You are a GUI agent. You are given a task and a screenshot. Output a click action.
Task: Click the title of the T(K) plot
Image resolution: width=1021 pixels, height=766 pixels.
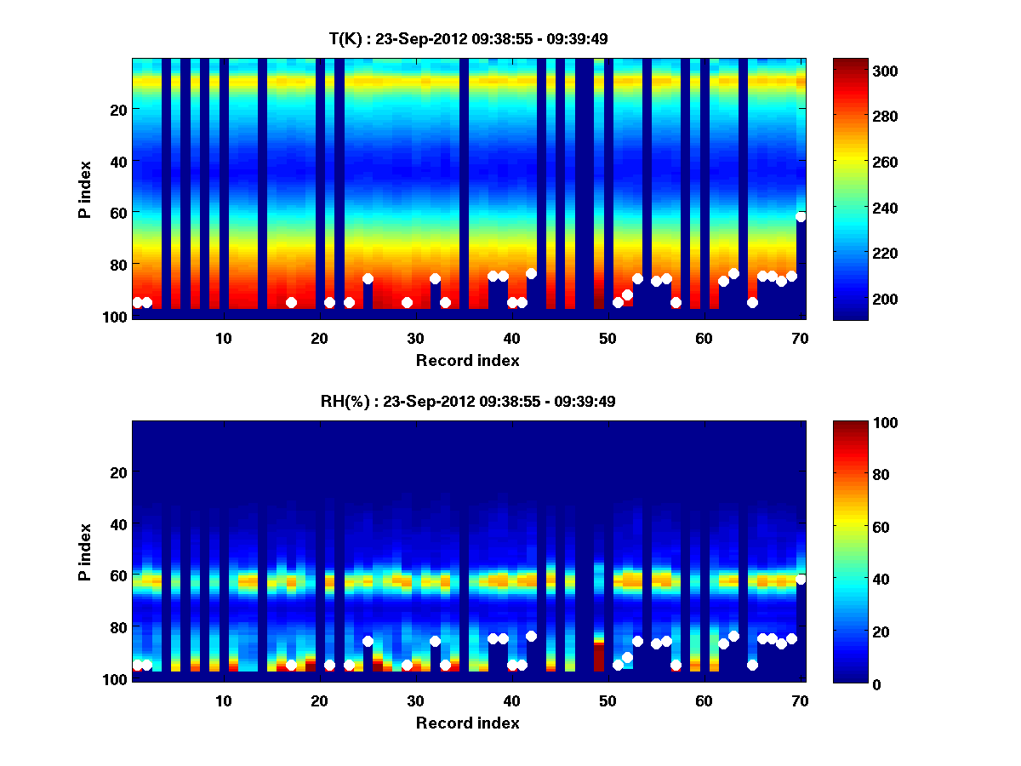tap(468, 38)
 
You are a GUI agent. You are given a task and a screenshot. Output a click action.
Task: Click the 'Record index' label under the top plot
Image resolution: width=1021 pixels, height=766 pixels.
tap(467, 361)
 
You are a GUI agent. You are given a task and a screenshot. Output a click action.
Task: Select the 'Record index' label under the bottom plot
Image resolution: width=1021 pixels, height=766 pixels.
tap(467, 723)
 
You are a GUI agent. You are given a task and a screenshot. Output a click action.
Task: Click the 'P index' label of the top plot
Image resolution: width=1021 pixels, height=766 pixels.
tap(85, 187)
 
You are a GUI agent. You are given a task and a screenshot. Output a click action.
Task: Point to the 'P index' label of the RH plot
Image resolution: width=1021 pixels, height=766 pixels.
tap(85, 550)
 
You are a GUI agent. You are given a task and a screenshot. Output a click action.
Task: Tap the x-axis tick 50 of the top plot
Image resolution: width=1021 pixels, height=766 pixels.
tap(607, 338)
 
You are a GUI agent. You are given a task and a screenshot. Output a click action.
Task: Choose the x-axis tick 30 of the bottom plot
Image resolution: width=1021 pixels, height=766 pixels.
tap(415, 700)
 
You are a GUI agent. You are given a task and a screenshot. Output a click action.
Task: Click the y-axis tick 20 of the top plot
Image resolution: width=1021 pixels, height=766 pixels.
tap(117, 110)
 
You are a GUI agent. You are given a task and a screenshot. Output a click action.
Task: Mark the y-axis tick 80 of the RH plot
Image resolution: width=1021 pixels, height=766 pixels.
tap(117, 627)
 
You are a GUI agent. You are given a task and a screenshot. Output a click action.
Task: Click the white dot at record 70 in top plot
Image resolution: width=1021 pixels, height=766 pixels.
tap(801, 217)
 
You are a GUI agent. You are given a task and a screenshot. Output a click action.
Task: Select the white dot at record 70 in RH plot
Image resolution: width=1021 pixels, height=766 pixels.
tap(801, 580)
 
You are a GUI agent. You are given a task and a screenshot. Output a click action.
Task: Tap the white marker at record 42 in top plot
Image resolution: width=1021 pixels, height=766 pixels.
tap(531, 273)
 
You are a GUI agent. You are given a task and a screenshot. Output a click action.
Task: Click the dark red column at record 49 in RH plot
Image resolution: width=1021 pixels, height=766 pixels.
tap(598, 657)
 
